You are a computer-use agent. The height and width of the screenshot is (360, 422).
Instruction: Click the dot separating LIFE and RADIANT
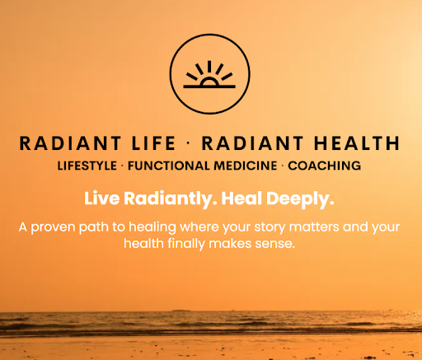click(188, 143)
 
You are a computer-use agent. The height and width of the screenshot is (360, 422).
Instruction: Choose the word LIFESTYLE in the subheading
click(87, 166)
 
